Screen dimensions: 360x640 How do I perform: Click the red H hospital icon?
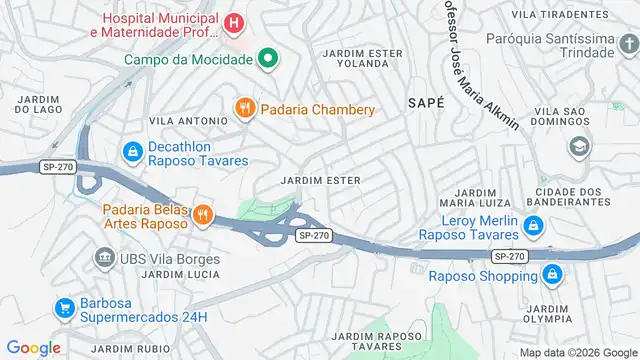pos(233,22)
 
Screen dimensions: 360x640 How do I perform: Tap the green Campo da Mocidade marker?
pos(266,59)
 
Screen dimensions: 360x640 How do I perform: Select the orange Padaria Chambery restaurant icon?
pos(242,108)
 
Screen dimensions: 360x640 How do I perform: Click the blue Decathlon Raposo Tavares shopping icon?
pos(131,152)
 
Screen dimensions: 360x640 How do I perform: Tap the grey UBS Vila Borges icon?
pos(104,259)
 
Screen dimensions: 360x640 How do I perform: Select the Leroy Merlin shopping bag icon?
pos(533,227)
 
